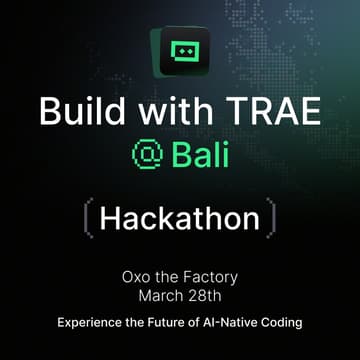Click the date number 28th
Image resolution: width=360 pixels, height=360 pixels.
click(207, 294)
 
